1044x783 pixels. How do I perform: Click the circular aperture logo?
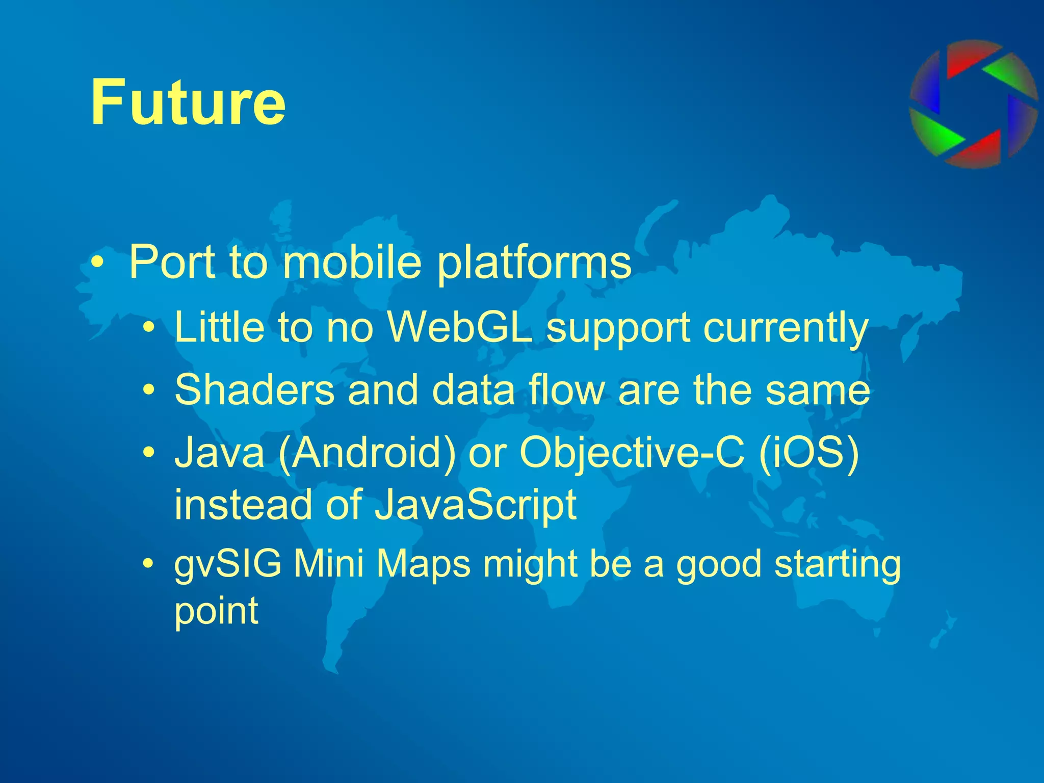pos(973,105)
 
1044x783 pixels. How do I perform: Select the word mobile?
pos(352,262)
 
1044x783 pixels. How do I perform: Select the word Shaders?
pos(254,389)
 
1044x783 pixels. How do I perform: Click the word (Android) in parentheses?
pos(367,453)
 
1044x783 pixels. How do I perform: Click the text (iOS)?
pos(808,453)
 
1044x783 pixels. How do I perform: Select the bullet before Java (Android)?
pos(148,452)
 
